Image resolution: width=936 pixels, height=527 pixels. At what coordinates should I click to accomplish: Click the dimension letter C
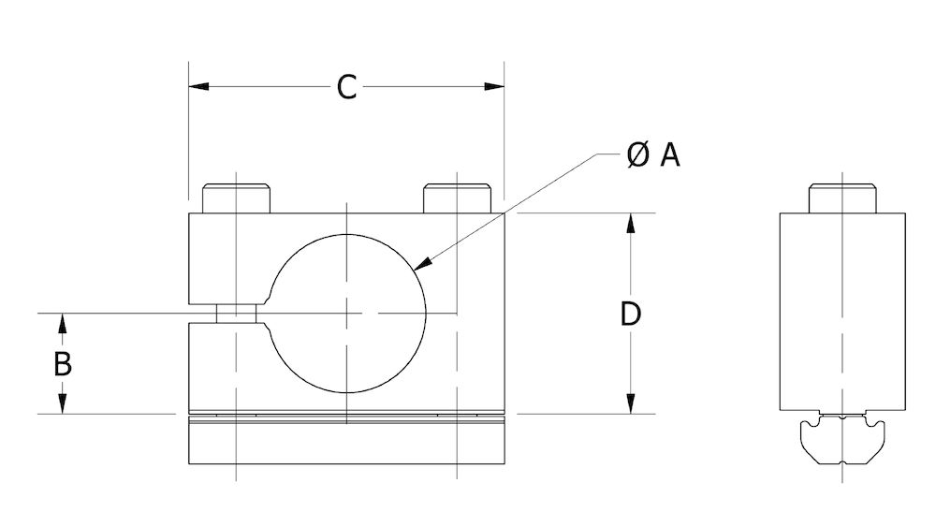[346, 87]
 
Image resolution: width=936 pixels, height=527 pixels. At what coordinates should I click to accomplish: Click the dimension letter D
[631, 314]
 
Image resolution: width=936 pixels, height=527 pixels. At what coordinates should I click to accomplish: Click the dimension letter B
[62, 363]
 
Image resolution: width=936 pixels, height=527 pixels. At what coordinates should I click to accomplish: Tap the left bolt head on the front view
[237, 199]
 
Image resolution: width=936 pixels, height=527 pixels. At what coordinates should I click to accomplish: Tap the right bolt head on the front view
[458, 199]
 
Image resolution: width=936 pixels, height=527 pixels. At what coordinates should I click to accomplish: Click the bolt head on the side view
[841, 199]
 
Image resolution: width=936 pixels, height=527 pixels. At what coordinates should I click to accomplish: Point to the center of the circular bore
[347, 313]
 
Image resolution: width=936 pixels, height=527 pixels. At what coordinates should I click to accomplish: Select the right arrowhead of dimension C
[495, 87]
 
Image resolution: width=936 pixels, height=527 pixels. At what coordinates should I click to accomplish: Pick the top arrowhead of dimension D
[632, 222]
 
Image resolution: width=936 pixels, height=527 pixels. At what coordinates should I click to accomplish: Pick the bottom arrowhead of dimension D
[632, 404]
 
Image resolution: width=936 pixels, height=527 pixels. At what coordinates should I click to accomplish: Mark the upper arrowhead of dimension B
[63, 321]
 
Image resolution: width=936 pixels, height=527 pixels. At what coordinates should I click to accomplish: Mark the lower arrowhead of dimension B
[63, 404]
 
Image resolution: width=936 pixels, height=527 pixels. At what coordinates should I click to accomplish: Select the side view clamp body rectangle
[841, 309]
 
